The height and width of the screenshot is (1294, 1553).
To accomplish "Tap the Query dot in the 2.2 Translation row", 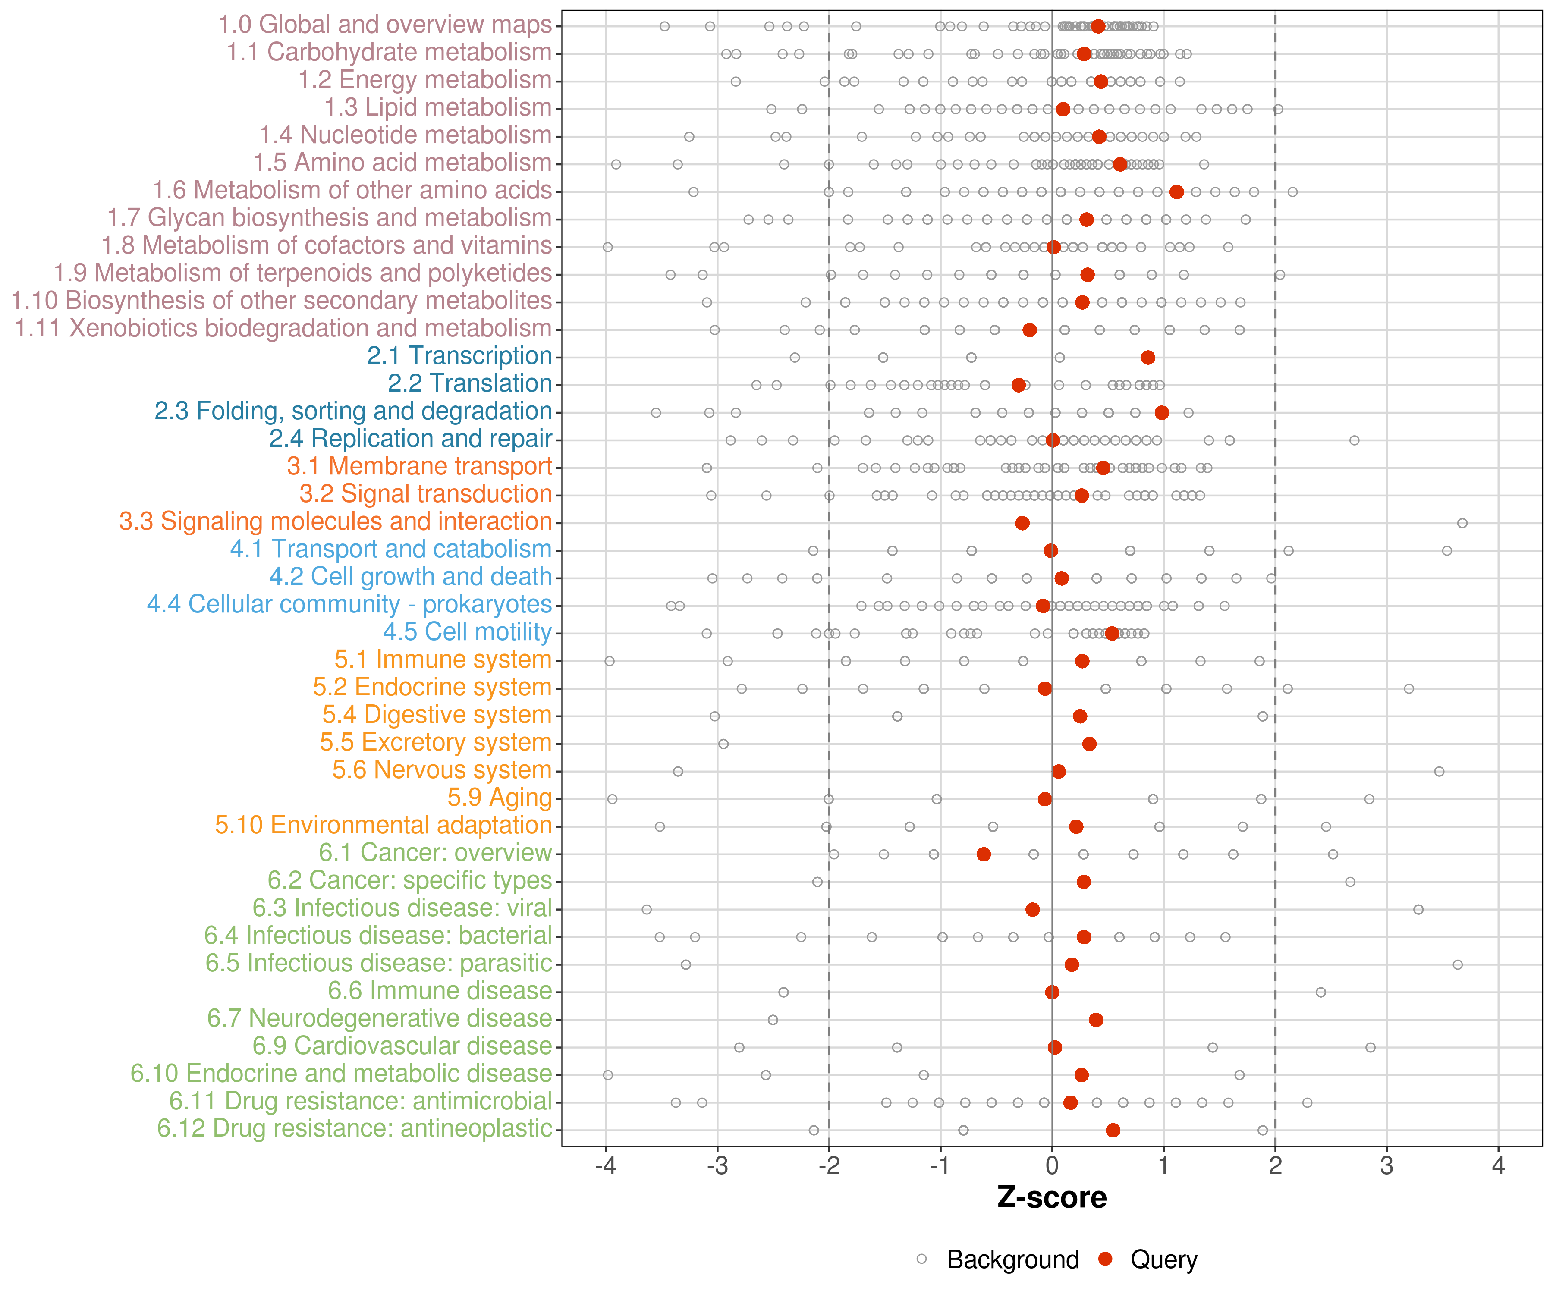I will pyautogui.click(x=1019, y=385).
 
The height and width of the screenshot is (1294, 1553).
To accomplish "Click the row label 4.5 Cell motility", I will pyautogui.click(x=467, y=632).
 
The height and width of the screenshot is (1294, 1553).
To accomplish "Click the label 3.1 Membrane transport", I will pyautogui.click(x=419, y=467).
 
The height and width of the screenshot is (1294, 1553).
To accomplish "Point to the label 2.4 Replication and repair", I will pyautogui.click(x=410, y=439).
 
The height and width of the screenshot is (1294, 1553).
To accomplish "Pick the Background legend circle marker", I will pyautogui.click(x=921, y=1259).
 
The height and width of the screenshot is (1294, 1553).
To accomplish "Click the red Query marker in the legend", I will pyautogui.click(x=1106, y=1259).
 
